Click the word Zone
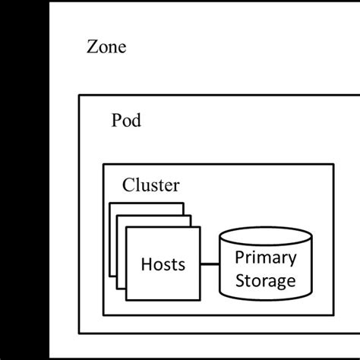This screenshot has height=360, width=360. point(106,48)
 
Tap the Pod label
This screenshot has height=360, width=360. point(126,121)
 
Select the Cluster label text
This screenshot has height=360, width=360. point(151,185)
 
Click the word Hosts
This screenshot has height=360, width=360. point(163,265)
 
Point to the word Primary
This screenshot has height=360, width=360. point(264,257)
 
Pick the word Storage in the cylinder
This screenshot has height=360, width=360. point(264,281)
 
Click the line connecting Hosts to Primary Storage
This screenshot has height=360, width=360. point(209,265)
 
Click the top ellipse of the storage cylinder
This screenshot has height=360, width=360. point(264,238)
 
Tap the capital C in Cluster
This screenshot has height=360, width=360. point(128,185)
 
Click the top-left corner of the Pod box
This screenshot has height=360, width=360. point(79,96)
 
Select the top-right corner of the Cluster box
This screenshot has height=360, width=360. point(333,164)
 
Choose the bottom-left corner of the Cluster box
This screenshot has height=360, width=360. point(103,315)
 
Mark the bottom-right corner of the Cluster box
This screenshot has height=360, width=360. point(333,315)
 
